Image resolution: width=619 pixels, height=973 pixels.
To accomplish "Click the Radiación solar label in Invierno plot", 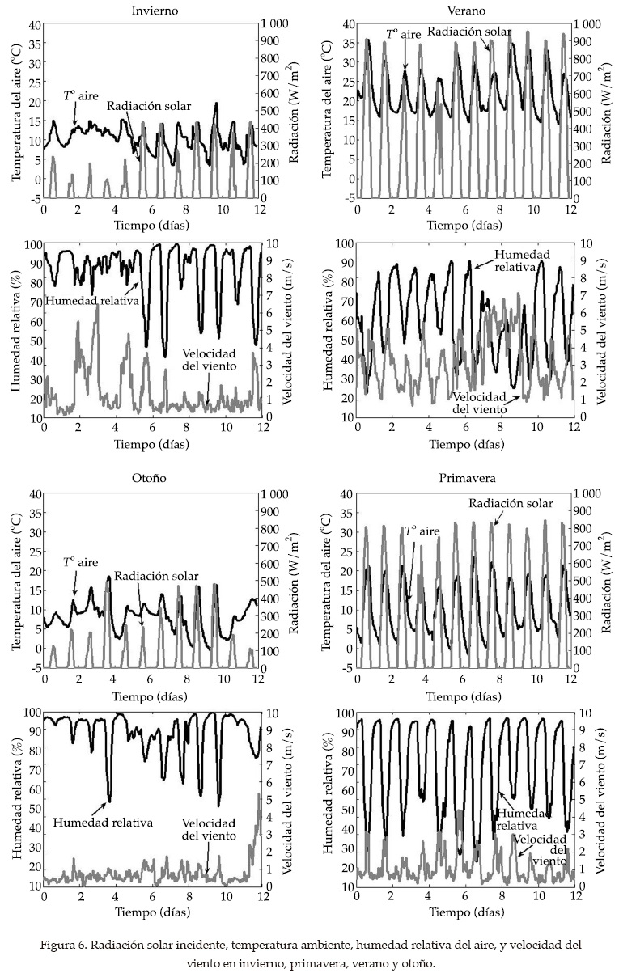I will pos(145,106).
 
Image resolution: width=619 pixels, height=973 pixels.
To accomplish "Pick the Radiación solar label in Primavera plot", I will pos(511,503).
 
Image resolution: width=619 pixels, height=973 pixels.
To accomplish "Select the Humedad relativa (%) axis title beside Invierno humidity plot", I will pos(15,329).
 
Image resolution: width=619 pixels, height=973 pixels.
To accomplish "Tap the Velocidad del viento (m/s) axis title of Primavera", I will pos(602,799).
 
